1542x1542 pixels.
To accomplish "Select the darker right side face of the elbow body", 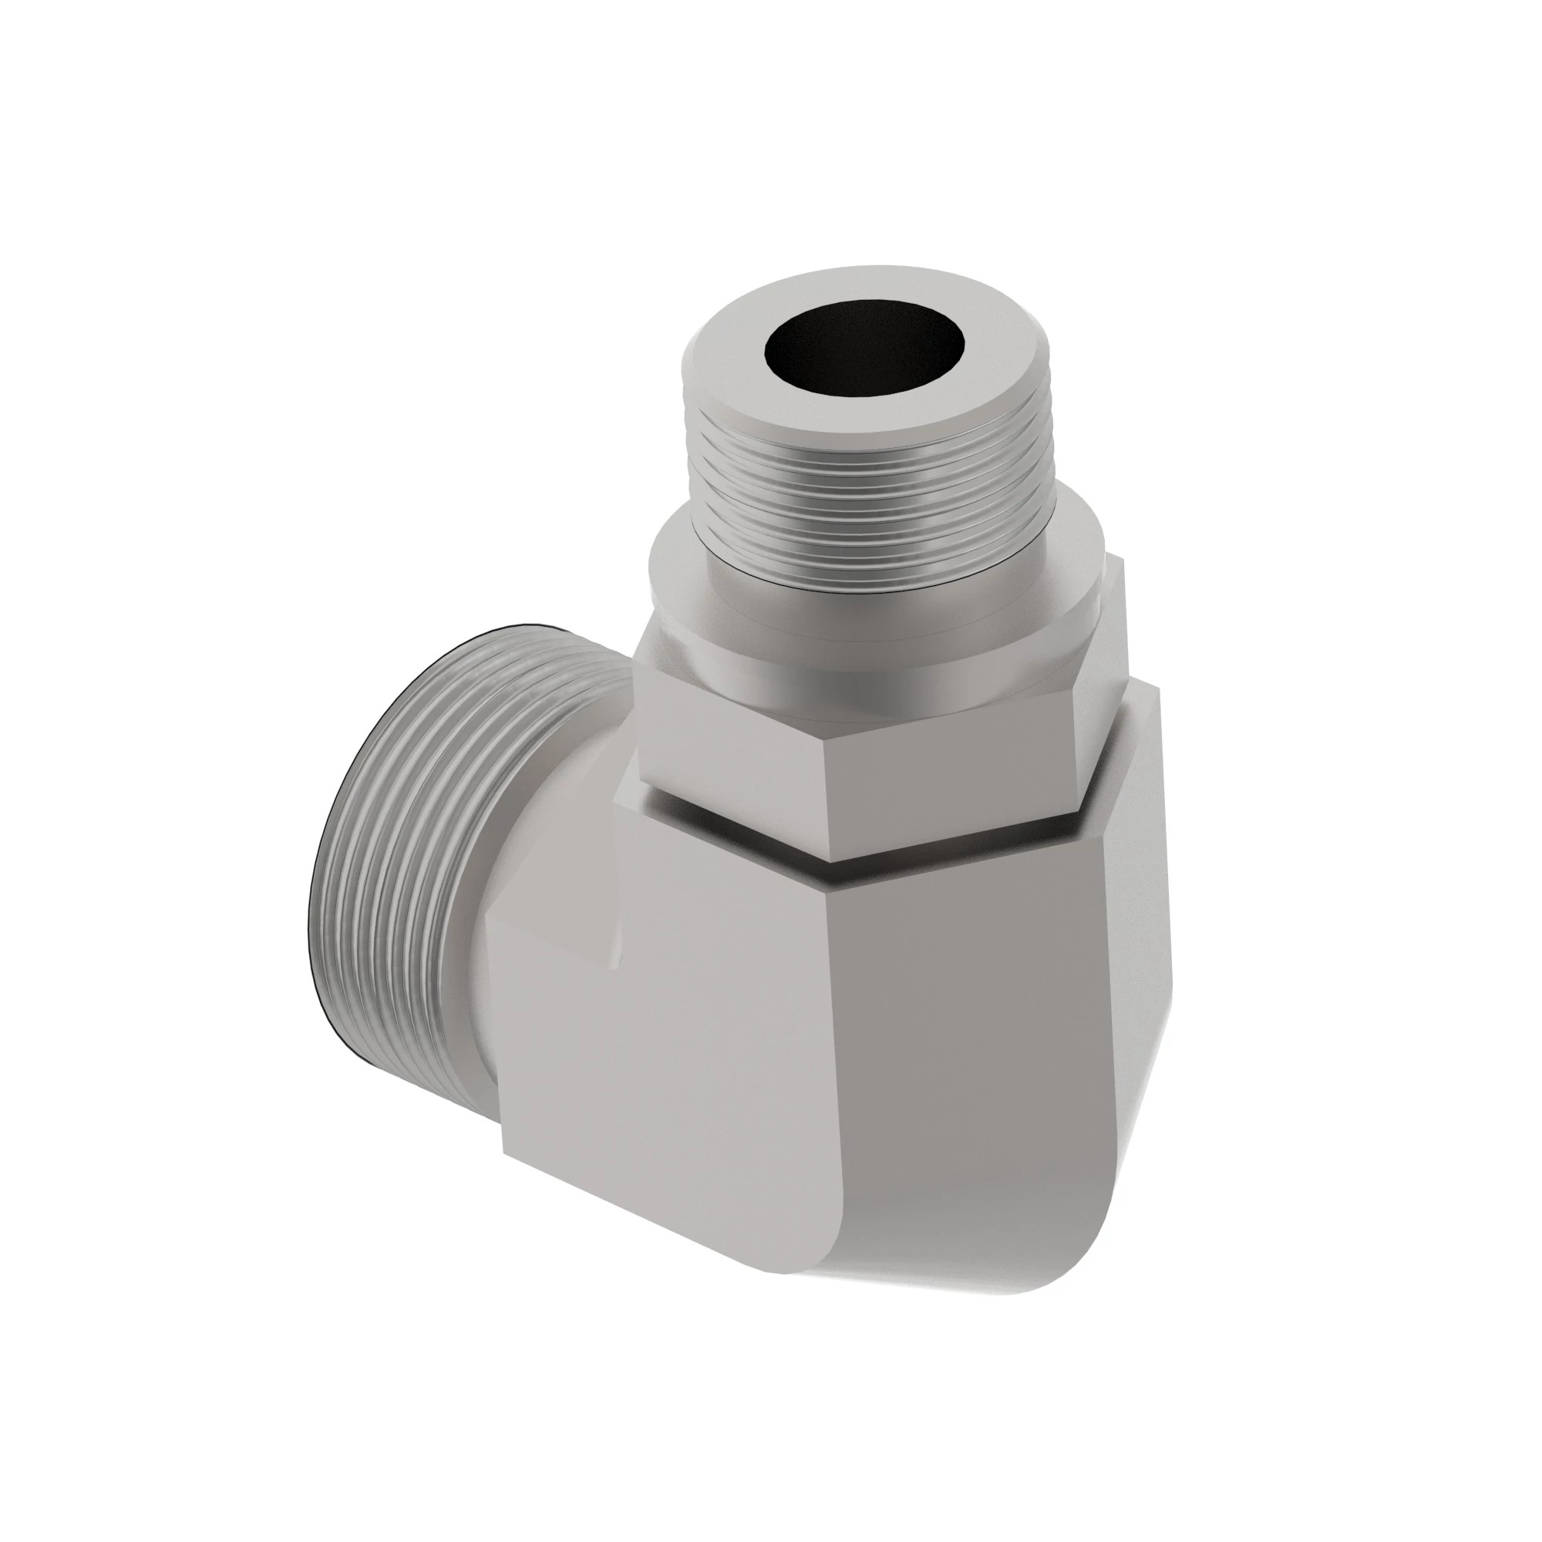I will tap(998, 1078).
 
